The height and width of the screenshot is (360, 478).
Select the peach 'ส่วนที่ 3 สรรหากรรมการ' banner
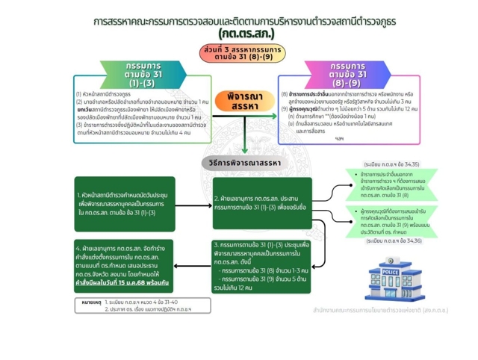[237, 52]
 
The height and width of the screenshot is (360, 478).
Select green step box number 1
[125, 203]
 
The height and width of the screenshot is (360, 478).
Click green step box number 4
[125, 266]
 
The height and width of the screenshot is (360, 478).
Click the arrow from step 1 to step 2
[193, 203]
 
